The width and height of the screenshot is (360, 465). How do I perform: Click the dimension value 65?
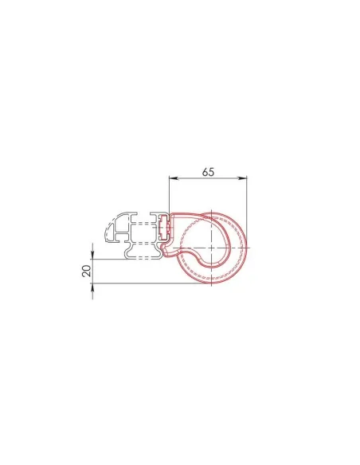[209, 171]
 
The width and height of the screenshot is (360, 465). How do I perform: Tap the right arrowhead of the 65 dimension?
[245, 180]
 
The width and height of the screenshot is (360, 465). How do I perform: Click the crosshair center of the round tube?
[211, 248]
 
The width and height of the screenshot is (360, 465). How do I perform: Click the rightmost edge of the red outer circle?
[248, 248]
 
